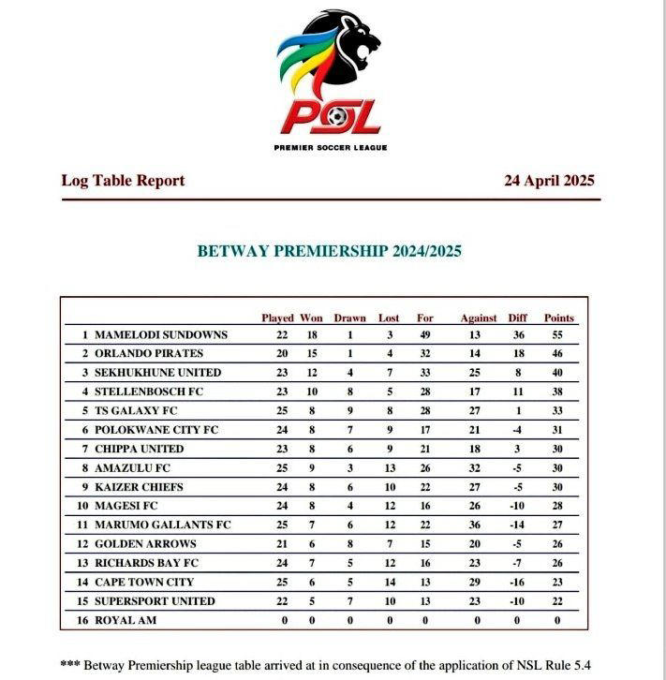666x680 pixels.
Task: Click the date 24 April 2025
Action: [x=549, y=181]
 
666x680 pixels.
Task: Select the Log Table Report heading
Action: [x=123, y=181]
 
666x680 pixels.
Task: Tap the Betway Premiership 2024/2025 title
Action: [x=329, y=251]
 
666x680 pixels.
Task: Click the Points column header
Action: [x=559, y=318]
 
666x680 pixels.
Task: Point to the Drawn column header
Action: [x=349, y=318]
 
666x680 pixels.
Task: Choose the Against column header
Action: [x=479, y=318]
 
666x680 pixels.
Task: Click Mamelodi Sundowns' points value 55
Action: [x=559, y=334]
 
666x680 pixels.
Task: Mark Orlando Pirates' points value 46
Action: [x=559, y=354]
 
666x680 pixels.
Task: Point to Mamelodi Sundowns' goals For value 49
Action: [x=424, y=334]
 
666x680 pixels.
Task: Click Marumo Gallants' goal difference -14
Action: [x=517, y=525]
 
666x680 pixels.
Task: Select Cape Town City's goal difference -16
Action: [x=517, y=582]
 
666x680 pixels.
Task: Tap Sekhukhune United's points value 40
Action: [x=559, y=373]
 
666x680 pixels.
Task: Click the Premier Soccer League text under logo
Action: [x=331, y=148]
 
